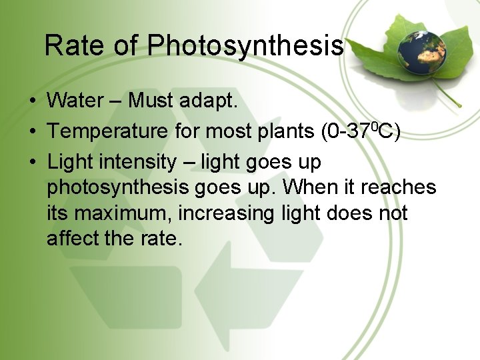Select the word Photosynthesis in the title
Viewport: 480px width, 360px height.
pos(245,46)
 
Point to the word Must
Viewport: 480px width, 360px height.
pos(151,101)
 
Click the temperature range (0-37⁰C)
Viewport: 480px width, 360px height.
pos(361,131)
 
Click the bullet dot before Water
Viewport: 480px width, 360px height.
pos(32,102)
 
